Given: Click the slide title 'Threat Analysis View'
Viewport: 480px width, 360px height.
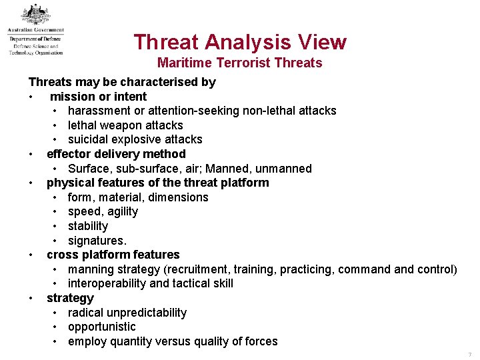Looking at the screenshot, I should [x=240, y=42].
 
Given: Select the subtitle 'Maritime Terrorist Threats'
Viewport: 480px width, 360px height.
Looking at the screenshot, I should [x=239, y=63].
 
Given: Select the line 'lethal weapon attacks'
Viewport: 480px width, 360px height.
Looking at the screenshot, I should [x=125, y=125].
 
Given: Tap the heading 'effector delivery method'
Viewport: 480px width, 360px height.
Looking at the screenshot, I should [x=116, y=154].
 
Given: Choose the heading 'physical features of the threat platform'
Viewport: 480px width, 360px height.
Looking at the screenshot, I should [x=158, y=183].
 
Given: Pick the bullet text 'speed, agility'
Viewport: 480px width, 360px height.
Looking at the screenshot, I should [x=103, y=211].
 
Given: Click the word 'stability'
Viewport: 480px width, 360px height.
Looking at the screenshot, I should [x=88, y=226].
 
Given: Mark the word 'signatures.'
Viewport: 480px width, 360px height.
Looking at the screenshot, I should [x=97, y=240].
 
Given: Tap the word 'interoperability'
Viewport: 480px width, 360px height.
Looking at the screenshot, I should [x=107, y=283].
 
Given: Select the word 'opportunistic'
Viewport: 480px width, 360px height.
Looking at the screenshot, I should [x=101, y=327].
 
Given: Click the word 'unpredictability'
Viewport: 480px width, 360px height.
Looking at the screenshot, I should [x=145, y=313].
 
